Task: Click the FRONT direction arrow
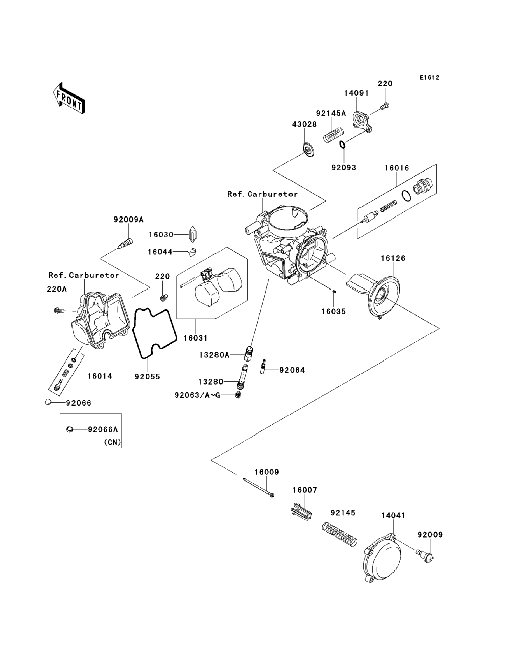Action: tap(69, 98)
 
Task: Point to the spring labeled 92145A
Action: tap(333, 135)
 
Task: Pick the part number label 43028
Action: tap(304, 124)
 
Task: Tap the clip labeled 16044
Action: tap(192, 252)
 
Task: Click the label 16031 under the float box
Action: tap(196, 338)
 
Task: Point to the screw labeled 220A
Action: tap(59, 310)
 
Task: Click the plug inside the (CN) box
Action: tap(70, 429)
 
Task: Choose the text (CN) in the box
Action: tap(113, 442)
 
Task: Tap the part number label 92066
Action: tap(78, 403)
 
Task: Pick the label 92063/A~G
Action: tap(197, 395)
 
